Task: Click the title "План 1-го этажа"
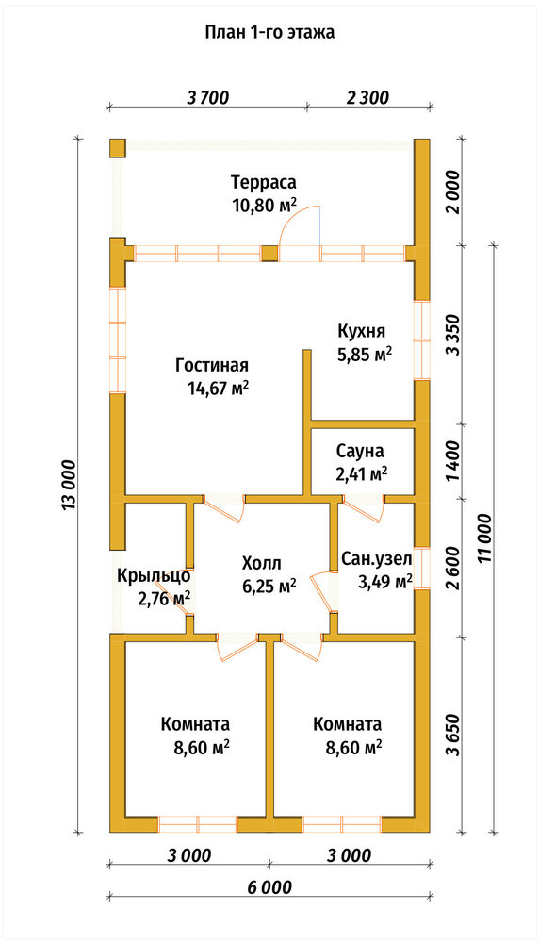[269, 32]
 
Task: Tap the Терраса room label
[264, 182]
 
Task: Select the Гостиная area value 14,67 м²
[219, 389]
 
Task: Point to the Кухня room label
[361, 331]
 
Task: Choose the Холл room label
[261, 564]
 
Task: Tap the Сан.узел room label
[377, 560]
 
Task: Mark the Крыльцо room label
[154, 575]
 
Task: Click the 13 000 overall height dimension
[68, 487]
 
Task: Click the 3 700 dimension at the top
[208, 97]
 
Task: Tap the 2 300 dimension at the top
[367, 97]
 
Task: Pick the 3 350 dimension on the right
[454, 335]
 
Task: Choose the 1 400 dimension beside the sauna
[454, 461]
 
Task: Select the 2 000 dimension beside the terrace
[454, 192]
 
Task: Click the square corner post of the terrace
[117, 148]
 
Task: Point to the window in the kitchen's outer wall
[422, 339]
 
